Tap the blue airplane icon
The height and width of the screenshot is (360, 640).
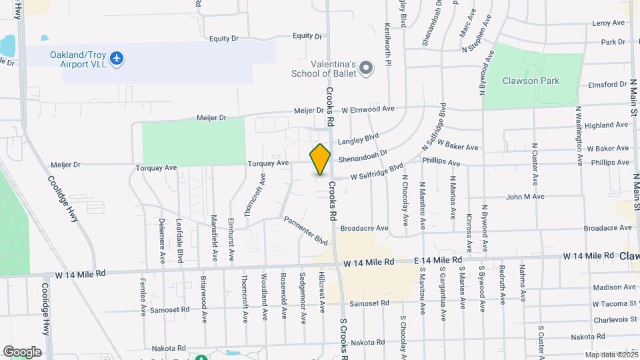coord(117,59)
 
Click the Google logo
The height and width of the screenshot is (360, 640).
coord(22,351)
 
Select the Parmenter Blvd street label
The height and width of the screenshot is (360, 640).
coord(306,230)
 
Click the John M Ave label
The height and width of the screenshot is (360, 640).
coord(525,197)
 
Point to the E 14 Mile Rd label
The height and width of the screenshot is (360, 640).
coord(437,259)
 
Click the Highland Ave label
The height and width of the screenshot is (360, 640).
coord(598,125)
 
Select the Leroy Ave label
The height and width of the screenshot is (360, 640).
coord(608,23)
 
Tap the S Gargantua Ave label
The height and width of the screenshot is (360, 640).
coord(441,291)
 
